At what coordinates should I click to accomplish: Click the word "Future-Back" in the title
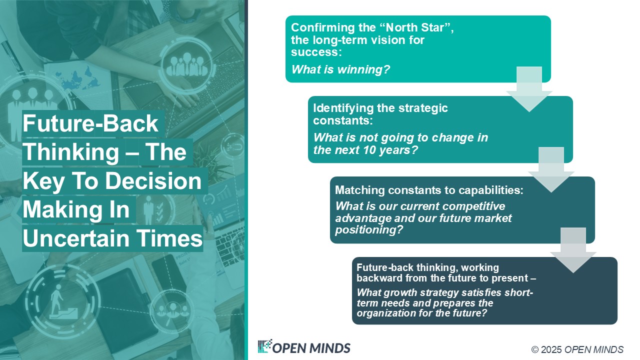pos(90,123)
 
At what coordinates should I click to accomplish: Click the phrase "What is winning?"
pos(340,69)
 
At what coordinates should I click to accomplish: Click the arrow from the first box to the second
pos(529,89)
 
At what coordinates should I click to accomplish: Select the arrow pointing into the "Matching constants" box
pos(551,169)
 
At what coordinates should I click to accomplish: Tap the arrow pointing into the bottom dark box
pos(573,250)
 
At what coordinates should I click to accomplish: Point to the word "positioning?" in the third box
pos(369,230)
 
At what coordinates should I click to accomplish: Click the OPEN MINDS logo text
pos(311,348)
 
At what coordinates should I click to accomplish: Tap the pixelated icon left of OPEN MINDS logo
pos(264,346)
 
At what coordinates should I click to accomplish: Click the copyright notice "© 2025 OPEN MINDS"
pos(577,349)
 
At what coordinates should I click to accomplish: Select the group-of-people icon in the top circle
pos(186,65)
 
